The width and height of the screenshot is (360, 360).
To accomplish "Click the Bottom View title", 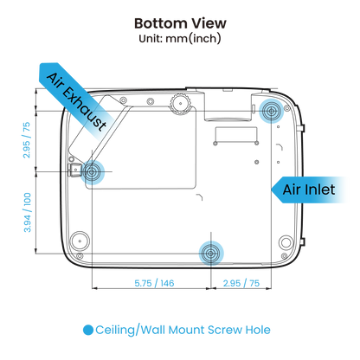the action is pyautogui.click(x=180, y=23).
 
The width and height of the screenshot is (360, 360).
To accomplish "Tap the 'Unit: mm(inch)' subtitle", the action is pyautogui.click(x=180, y=39).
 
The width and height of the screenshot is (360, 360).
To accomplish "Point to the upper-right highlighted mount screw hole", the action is pyautogui.click(x=271, y=111).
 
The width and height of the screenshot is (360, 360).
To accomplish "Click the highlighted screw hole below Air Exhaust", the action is pyautogui.click(x=92, y=172).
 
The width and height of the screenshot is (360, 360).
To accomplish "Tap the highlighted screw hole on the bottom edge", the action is pyautogui.click(x=211, y=254).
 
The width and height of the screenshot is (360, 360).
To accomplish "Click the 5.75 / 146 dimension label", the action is pyautogui.click(x=154, y=283).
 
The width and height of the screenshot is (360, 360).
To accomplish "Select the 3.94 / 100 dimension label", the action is pyautogui.click(x=27, y=212).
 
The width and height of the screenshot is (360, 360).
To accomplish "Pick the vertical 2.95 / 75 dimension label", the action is pyautogui.click(x=26, y=140).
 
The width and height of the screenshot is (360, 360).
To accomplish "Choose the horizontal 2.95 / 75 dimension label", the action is pyautogui.click(x=241, y=283).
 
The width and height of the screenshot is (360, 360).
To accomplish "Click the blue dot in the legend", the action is pyautogui.click(x=88, y=330).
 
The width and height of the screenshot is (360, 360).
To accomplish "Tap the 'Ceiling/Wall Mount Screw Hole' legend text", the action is pyautogui.click(x=183, y=330).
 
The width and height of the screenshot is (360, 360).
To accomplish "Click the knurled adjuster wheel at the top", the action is pyautogui.click(x=180, y=103).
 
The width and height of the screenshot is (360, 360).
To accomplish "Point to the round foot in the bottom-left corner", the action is pyautogui.click(x=80, y=241).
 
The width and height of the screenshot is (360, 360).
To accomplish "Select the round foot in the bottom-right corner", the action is pyautogui.click(x=286, y=242).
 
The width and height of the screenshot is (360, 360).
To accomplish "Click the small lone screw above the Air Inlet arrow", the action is pyautogui.click(x=257, y=162).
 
